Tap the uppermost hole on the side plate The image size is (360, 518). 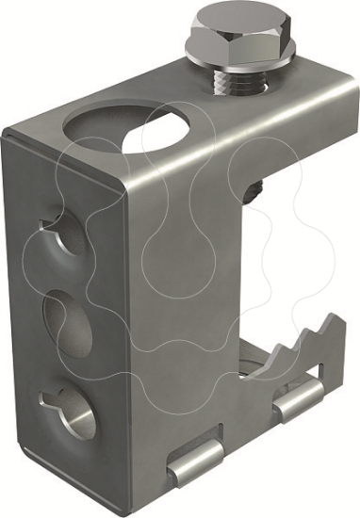58,236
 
